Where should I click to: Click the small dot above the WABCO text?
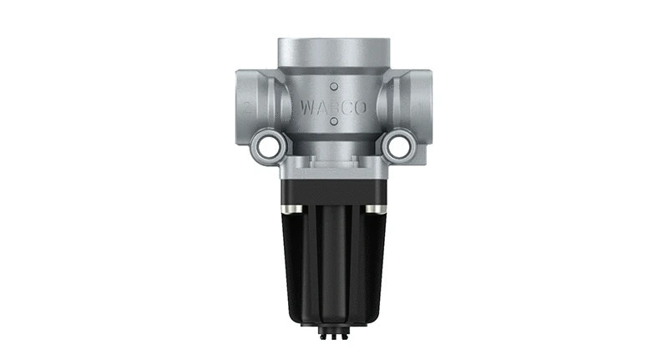(333, 84)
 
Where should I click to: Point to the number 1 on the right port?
(426, 108)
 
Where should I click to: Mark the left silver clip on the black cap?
(288, 205)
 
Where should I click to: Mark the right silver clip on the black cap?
(377, 205)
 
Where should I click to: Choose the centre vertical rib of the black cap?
(333, 259)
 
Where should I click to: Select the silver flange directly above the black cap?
(333, 182)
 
